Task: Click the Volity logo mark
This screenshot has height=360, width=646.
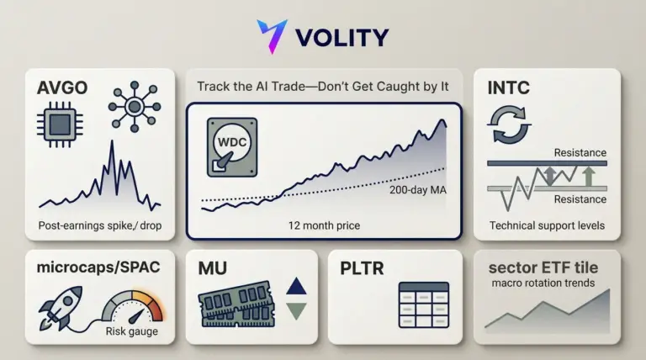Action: (x=272, y=35)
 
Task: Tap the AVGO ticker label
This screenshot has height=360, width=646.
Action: (x=62, y=87)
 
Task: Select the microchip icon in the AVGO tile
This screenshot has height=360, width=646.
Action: (x=61, y=124)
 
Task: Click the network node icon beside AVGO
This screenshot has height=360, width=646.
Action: (x=135, y=107)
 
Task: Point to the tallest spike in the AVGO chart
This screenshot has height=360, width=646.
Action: (x=112, y=141)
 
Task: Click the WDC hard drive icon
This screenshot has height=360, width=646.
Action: (x=232, y=147)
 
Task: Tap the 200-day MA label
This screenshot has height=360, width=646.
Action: (x=418, y=190)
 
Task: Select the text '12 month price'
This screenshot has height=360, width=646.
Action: (x=324, y=225)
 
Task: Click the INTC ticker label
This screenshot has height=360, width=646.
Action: (x=508, y=87)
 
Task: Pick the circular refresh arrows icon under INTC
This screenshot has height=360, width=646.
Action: (x=509, y=124)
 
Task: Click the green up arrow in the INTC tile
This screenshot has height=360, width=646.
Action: (x=589, y=176)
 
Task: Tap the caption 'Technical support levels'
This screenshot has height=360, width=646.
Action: (x=547, y=225)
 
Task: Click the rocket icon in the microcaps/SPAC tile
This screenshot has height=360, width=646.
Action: (x=61, y=308)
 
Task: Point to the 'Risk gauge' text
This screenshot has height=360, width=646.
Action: (x=132, y=331)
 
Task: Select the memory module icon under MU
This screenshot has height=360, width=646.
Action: (x=236, y=304)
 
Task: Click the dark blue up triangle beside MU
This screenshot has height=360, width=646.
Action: (x=296, y=287)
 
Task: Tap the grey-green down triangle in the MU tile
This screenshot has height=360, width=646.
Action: (x=296, y=310)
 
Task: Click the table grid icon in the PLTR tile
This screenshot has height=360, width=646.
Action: (x=424, y=304)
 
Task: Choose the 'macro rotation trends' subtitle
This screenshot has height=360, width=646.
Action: (x=543, y=283)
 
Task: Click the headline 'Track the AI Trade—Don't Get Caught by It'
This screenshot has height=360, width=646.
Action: (x=323, y=87)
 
